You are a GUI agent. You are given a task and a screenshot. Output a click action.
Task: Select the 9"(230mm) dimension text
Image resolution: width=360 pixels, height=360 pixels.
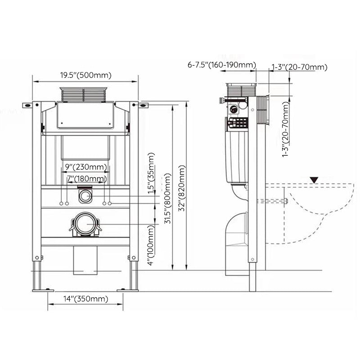point(85,166)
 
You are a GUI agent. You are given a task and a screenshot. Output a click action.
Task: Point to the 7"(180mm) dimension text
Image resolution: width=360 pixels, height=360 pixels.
point(86,179)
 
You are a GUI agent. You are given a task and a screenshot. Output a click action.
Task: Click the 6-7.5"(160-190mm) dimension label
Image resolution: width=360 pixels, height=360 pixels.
point(222,65)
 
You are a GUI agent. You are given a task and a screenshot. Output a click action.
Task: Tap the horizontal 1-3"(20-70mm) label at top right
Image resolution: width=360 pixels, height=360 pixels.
point(299,67)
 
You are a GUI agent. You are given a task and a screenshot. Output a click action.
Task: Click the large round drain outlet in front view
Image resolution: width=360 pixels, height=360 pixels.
point(85,224)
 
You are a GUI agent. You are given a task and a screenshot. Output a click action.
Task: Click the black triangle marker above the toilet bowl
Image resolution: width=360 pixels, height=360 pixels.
point(314,180)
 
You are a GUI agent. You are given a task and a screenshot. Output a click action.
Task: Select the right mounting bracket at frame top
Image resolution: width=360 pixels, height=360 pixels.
point(142,106)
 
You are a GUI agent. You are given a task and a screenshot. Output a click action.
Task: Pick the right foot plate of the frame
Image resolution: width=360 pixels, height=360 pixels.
point(127,290)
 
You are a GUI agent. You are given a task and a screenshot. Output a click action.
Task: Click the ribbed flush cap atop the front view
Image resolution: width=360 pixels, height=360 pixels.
point(84,94)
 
